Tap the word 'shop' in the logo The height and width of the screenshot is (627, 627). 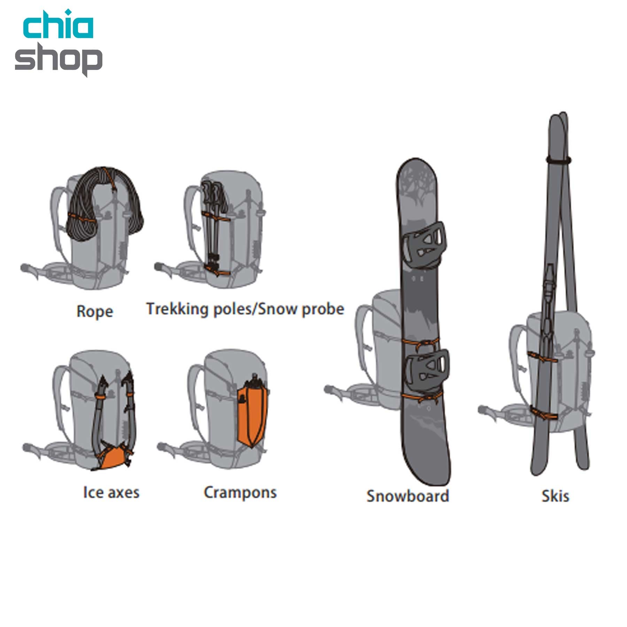pyautogui.click(x=59, y=59)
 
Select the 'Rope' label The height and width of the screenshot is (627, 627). pyautogui.click(x=95, y=311)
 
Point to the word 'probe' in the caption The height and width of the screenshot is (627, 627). pyautogui.click(x=323, y=309)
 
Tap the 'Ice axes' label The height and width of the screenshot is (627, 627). pyautogui.click(x=111, y=493)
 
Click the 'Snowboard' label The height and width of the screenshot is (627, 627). pyautogui.click(x=408, y=496)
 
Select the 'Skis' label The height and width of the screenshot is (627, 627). pyautogui.click(x=555, y=496)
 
